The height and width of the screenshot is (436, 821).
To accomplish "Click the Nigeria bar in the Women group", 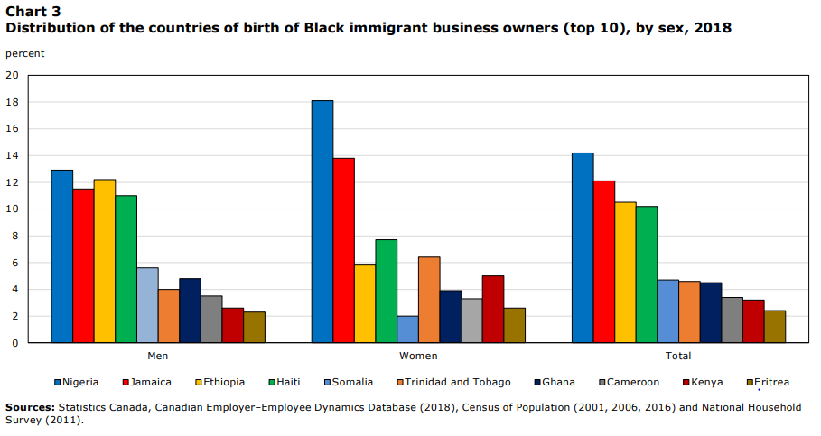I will pyautogui.click(x=322, y=221).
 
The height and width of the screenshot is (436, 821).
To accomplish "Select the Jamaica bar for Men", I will pyautogui.click(x=83, y=265).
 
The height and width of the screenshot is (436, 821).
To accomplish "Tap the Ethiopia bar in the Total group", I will pyautogui.click(x=625, y=272).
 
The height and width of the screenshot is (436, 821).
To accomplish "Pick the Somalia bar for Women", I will pyautogui.click(x=407, y=329).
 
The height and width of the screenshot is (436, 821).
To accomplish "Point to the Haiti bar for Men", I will pyautogui.click(x=126, y=269).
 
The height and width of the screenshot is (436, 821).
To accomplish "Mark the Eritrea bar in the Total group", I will pyautogui.click(x=774, y=327).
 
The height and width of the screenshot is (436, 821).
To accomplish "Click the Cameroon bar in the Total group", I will pyautogui.click(x=732, y=320).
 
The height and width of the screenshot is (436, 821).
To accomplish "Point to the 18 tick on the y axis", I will pyautogui.click(x=12, y=102).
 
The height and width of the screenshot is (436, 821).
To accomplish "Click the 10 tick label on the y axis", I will pyautogui.click(x=12, y=209).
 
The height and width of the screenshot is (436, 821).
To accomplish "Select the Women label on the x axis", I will pyautogui.click(x=417, y=357).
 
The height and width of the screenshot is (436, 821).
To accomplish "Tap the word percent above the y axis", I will pyautogui.click(x=24, y=53).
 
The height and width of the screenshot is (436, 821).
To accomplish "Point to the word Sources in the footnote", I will pyautogui.click(x=29, y=407).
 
